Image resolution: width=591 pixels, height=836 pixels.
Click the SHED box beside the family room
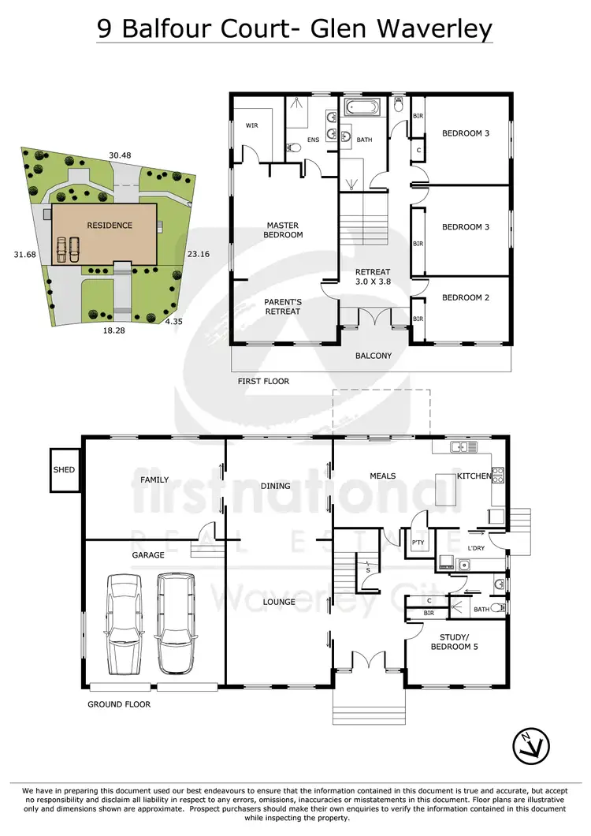coord(64,470)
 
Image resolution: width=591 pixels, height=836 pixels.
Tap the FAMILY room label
coord(154,480)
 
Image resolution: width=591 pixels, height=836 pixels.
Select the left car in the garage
coord(123,612)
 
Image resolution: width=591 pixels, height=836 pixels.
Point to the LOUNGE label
coord(279,602)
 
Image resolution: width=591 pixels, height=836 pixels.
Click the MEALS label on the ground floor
coord(383,476)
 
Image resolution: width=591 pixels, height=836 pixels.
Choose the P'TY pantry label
coord(418,542)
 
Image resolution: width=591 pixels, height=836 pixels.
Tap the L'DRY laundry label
coord(476,548)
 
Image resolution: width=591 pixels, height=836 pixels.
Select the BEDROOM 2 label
coord(461,297)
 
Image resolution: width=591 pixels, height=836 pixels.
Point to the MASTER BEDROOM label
coord(282,230)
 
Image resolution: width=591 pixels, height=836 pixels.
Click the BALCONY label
coord(374,356)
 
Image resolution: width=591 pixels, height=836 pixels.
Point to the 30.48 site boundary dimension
coord(120,156)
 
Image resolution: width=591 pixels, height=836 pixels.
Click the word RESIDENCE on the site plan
coord(110,225)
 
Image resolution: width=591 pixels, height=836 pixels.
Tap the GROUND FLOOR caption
coord(118,704)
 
